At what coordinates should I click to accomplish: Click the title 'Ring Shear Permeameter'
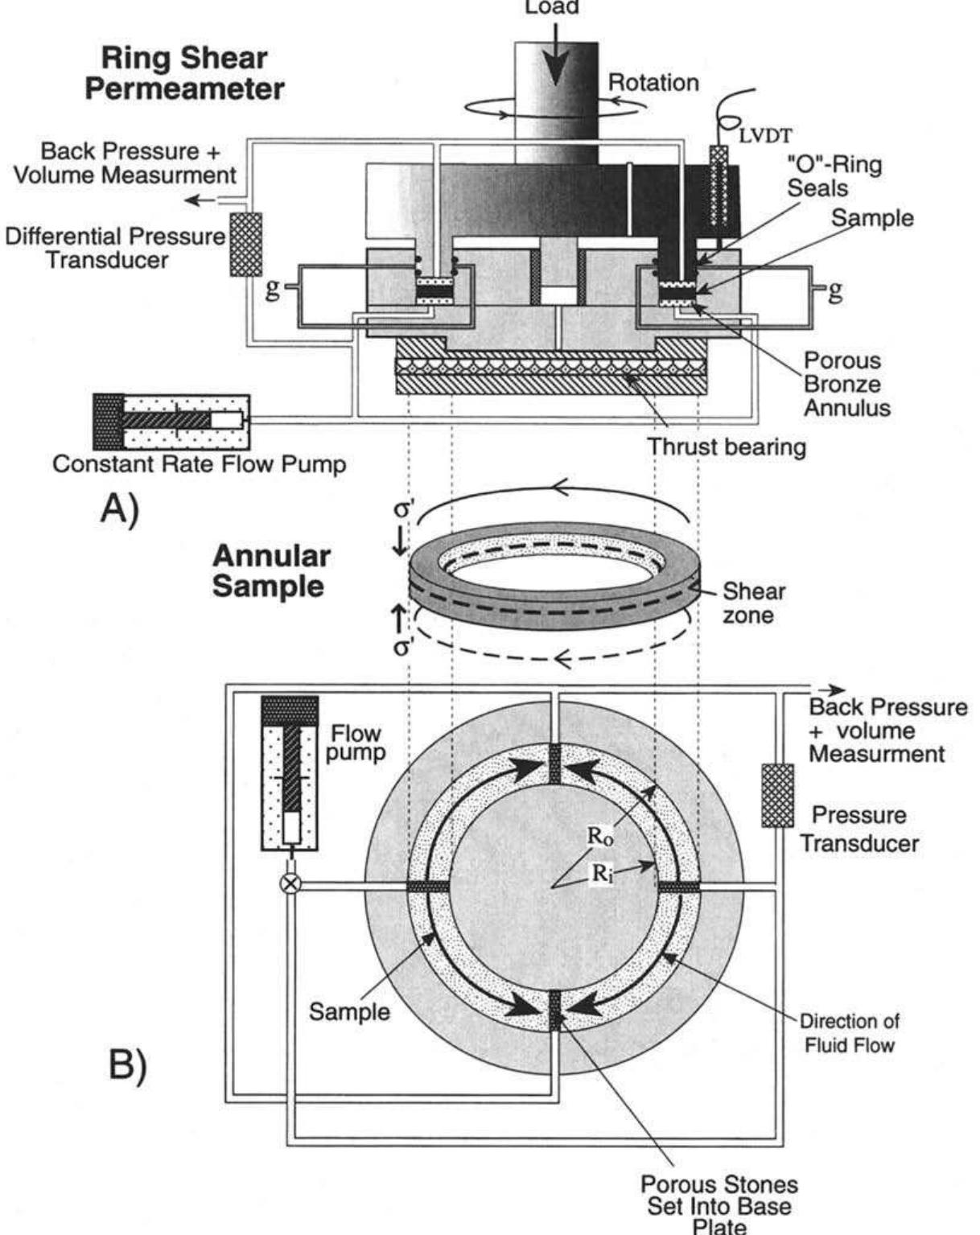click(x=184, y=73)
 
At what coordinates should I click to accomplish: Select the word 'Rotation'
click(x=653, y=82)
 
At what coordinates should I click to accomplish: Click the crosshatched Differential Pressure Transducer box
click(x=246, y=245)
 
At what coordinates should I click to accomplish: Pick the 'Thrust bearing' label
click(x=727, y=447)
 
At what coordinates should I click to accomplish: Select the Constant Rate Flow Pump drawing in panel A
click(x=171, y=422)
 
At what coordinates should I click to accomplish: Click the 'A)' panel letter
click(x=120, y=509)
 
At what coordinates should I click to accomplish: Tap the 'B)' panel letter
click(x=129, y=1067)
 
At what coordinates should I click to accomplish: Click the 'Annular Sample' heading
click(x=270, y=570)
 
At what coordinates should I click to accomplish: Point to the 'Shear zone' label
click(x=752, y=603)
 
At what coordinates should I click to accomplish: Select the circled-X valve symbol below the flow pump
click(x=290, y=884)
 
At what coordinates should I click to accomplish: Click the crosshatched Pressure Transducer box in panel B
click(x=777, y=796)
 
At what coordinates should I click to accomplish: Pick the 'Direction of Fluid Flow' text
click(x=849, y=1033)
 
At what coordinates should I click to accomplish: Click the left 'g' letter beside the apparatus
click(x=274, y=290)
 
